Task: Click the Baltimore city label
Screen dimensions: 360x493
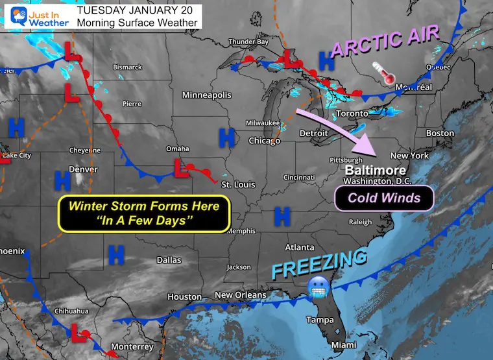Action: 367,170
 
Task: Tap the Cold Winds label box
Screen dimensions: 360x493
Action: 384,198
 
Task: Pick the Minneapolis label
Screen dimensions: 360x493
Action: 206,95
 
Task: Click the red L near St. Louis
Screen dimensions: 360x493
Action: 180,170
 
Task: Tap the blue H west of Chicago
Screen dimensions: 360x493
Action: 226,137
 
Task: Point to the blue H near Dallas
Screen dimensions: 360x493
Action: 116,254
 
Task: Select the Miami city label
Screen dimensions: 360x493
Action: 344,346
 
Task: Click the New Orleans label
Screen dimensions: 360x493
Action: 240,295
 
